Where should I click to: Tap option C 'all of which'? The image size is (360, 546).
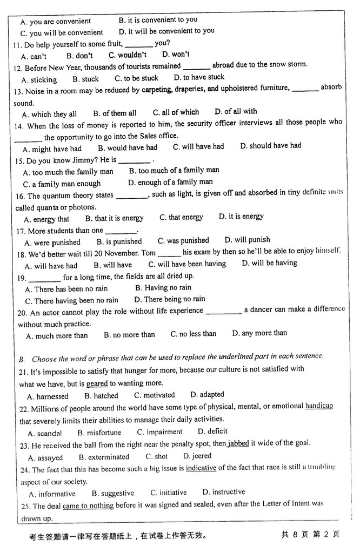pyautogui.click(x=176, y=112)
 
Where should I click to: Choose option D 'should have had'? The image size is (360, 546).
pyautogui.click(x=270, y=146)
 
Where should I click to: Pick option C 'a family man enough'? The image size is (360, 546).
pyautogui.click(x=62, y=184)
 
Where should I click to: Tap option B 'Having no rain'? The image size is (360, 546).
pyautogui.click(x=163, y=288)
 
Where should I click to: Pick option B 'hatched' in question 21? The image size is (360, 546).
pyautogui.click(x=98, y=396)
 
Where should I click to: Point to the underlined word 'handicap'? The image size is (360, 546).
pyautogui.click(x=319, y=406)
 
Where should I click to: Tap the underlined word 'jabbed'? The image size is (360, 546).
pyautogui.click(x=238, y=443)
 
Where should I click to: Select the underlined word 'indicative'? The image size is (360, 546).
pyautogui.click(x=201, y=468)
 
